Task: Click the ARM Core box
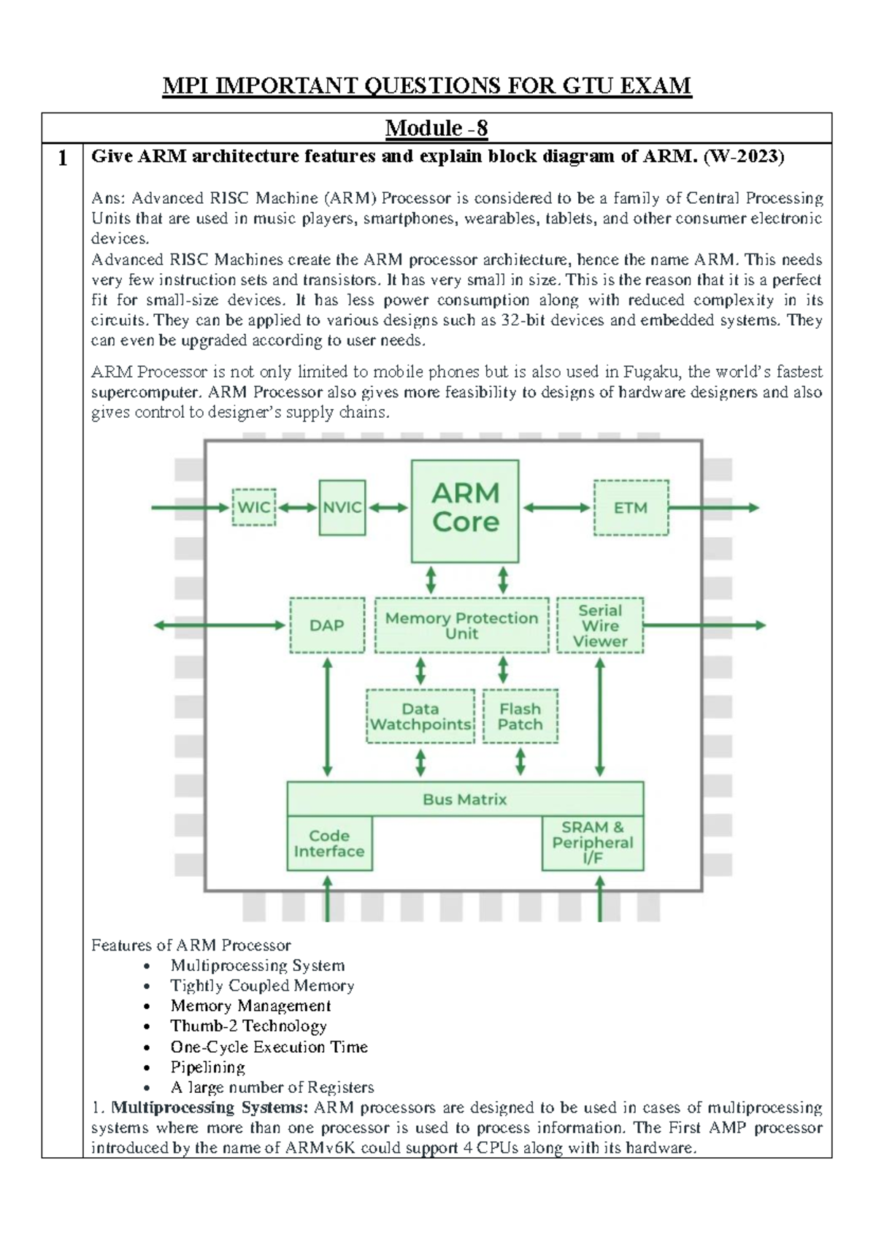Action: [x=465, y=511]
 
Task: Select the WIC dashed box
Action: [x=254, y=507]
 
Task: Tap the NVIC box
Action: [x=342, y=508]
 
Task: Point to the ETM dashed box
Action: [x=631, y=508]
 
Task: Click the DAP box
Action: [x=327, y=625]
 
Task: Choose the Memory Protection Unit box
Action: [x=461, y=625]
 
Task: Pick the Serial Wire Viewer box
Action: [x=600, y=625]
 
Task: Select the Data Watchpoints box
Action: [x=420, y=717]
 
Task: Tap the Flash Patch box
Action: [x=520, y=717]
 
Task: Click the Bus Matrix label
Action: [x=465, y=799]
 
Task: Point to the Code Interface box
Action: [x=329, y=844]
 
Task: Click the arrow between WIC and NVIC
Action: [x=298, y=508]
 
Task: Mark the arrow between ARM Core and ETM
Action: [x=556, y=508]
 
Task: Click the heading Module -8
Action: [x=437, y=128]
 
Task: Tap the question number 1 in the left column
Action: [x=63, y=158]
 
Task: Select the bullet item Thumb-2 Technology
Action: [x=248, y=1026]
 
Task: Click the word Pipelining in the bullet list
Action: [x=207, y=1067]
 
